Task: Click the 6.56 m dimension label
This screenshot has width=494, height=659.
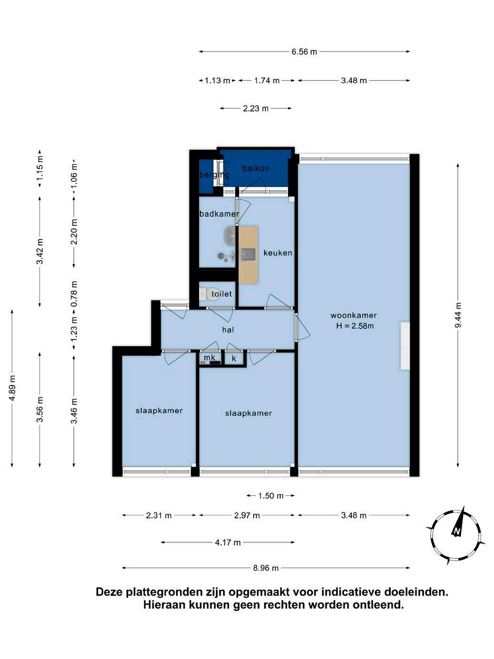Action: click(304, 51)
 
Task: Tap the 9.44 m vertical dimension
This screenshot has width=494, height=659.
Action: click(457, 316)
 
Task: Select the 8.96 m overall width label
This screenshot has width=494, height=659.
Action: click(266, 568)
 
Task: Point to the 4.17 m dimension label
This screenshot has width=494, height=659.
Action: click(227, 542)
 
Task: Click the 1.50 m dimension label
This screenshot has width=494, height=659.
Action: click(270, 496)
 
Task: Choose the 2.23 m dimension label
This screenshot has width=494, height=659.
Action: click(256, 109)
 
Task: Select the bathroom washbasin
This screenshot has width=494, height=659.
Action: click(230, 235)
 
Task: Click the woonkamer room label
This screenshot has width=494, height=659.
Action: click(353, 315)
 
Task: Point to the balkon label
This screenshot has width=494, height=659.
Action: click(256, 169)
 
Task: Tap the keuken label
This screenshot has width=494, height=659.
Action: click(278, 253)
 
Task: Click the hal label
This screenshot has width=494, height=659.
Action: click(228, 329)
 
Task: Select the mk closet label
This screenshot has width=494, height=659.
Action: click(209, 358)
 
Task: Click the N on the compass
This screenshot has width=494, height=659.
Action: click(456, 531)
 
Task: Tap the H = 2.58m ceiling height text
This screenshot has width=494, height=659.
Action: click(355, 326)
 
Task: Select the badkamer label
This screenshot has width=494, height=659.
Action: click(219, 214)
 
